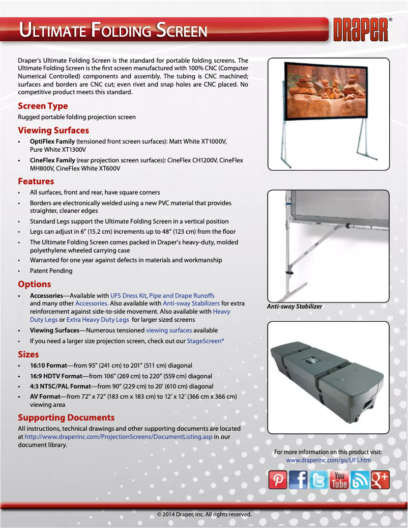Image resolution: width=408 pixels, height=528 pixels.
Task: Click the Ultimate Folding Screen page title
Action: coord(113,31)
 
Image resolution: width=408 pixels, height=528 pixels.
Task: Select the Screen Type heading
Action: coord(43,106)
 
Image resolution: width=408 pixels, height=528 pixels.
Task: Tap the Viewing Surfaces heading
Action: coord(53,130)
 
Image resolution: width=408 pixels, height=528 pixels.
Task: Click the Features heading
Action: coord(36,181)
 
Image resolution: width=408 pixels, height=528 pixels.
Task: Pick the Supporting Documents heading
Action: coord(66,418)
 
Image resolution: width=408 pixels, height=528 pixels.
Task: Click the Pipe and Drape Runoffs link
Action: coord(182,295)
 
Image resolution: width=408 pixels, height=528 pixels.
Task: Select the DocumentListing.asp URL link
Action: coord(119,437)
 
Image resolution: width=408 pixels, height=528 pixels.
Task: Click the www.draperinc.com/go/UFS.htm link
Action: coord(329,460)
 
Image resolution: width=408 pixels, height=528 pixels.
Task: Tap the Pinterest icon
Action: coord(278,480)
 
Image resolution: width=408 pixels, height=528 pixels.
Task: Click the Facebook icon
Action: coord(298,480)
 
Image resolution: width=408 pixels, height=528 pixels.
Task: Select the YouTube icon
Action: coord(339,480)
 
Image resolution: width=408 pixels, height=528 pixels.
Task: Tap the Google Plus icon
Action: coord(380,480)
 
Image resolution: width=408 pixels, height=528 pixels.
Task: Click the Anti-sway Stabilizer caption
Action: coord(295,307)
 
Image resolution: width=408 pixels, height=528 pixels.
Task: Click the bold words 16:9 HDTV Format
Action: coord(49,376)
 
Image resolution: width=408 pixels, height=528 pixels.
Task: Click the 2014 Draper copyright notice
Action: coord(204,514)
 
